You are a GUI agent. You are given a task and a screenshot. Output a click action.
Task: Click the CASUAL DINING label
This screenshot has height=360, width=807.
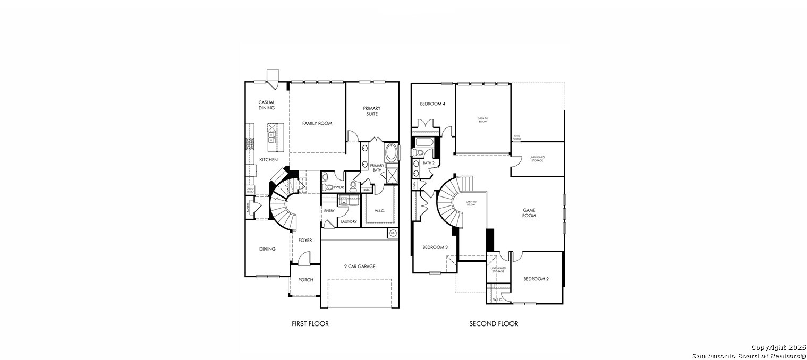266,105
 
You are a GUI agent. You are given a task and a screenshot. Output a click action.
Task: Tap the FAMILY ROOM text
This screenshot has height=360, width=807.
317,123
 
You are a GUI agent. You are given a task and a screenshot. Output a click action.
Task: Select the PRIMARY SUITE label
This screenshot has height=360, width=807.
372,111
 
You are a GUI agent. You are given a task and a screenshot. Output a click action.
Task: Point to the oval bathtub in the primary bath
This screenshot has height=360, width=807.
392,153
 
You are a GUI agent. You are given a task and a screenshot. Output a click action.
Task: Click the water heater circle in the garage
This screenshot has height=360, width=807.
393,233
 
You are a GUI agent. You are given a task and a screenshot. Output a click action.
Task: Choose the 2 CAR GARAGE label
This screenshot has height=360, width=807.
359,266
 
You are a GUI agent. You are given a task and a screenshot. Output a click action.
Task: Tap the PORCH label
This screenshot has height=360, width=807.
305,280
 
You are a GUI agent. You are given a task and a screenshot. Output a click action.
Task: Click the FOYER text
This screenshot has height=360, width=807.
305,240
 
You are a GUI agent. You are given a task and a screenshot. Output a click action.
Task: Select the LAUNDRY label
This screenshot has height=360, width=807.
349,221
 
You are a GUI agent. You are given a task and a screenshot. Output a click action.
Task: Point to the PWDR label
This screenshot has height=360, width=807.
339,187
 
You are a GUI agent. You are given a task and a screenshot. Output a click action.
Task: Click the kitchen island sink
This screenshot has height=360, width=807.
271,136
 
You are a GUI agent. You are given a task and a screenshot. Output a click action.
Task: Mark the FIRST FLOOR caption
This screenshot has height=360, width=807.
310,323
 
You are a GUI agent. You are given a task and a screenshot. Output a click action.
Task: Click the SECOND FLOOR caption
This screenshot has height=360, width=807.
494,323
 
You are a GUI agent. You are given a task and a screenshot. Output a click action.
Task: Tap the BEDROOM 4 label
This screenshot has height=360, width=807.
432,104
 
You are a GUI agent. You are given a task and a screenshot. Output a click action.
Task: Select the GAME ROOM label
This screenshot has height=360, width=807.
529,213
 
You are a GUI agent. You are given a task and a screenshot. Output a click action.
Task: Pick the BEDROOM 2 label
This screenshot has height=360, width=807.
536,279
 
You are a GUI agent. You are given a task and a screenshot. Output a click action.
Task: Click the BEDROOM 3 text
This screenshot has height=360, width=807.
435,247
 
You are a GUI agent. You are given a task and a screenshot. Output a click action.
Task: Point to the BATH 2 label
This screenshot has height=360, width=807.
429,163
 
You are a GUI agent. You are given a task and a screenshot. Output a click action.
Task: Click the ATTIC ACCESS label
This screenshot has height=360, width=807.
517,137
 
